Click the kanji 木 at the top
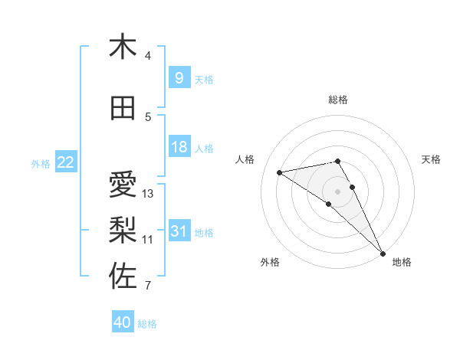coord(123,47)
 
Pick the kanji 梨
coord(123,227)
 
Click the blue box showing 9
coord(179,77)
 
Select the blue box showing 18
coord(179,147)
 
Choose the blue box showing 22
coord(66,162)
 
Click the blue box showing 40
coord(123,322)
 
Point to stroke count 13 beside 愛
coord(148,194)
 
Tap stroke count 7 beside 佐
coord(148,286)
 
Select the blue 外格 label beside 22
coord(40,162)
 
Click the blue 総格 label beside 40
coord(147,324)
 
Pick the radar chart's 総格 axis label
coord(338,100)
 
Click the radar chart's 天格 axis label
coord(431,159)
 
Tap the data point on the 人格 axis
coord(280,172)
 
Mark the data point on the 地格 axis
coord(383,253)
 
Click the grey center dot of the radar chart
coord(338,190)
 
